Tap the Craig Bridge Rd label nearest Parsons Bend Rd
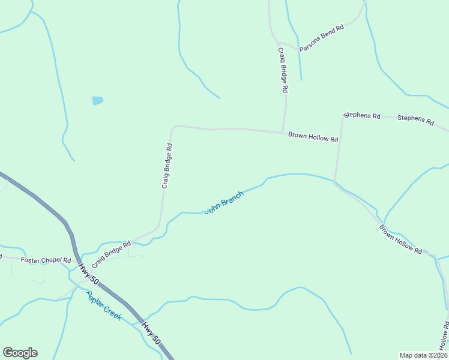click(x=283, y=70)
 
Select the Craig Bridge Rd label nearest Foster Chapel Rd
click(x=111, y=250)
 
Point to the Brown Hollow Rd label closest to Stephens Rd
click(x=313, y=137)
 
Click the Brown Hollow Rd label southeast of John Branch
click(x=400, y=240)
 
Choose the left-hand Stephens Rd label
click(x=362, y=115)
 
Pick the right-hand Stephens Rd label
click(x=415, y=119)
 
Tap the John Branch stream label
click(x=224, y=203)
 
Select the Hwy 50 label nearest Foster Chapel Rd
click(x=88, y=274)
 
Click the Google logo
click(x=20, y=353)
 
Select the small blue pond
click(x=97, y=100)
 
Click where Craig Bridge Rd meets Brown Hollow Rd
click(x=283, y=133)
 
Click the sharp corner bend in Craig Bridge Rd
click(x=173, y=128)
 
